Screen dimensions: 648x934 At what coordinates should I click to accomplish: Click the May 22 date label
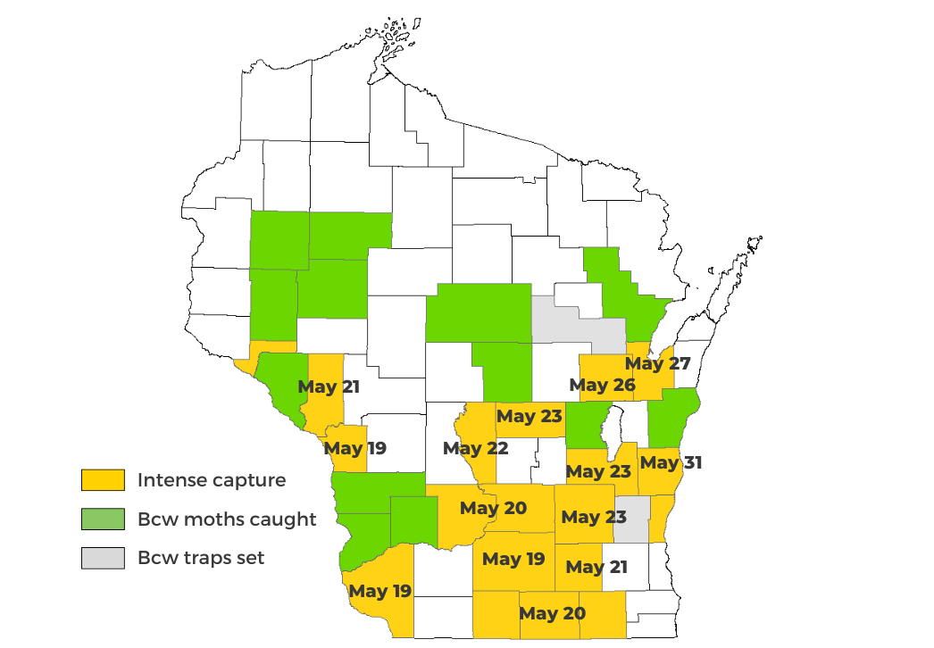475,448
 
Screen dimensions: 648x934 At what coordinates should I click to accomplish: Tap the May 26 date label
602,386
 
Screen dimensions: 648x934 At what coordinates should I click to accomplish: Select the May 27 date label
657,363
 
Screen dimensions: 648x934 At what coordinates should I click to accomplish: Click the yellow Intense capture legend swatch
103,480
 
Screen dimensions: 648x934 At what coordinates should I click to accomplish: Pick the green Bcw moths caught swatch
103,519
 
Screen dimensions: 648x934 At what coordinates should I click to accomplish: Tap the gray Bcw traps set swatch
103,559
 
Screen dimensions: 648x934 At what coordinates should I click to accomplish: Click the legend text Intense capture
212,480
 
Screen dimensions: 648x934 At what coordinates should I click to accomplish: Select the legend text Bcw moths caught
227,519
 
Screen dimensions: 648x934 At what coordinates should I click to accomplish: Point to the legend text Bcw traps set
201,559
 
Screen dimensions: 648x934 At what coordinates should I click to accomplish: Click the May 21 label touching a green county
329,386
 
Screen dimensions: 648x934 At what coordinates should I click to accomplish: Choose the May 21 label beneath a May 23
596,567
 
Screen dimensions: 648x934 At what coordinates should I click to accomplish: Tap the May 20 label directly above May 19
494,509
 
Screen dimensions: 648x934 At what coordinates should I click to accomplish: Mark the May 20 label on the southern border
552,613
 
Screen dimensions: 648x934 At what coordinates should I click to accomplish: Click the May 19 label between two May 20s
513,560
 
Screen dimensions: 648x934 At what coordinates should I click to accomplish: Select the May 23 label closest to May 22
530,416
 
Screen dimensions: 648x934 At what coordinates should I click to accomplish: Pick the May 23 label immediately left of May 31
598,471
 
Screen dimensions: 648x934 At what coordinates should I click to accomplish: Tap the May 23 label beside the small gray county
593,517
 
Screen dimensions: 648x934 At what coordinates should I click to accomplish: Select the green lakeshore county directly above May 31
673,416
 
